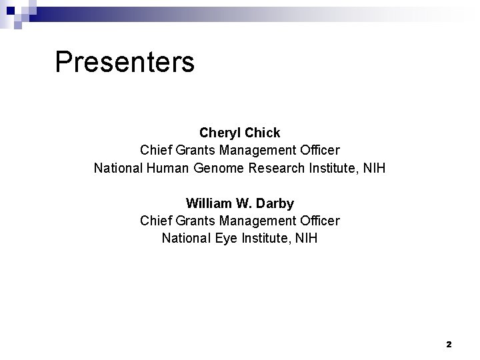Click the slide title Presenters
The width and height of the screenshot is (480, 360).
(125, 62)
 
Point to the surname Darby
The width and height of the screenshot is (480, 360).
(275, 203)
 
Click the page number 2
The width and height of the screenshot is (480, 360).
(449, 345)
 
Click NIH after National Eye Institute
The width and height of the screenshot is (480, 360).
(305, 238)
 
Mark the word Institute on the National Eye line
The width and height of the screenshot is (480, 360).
(262, 238)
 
